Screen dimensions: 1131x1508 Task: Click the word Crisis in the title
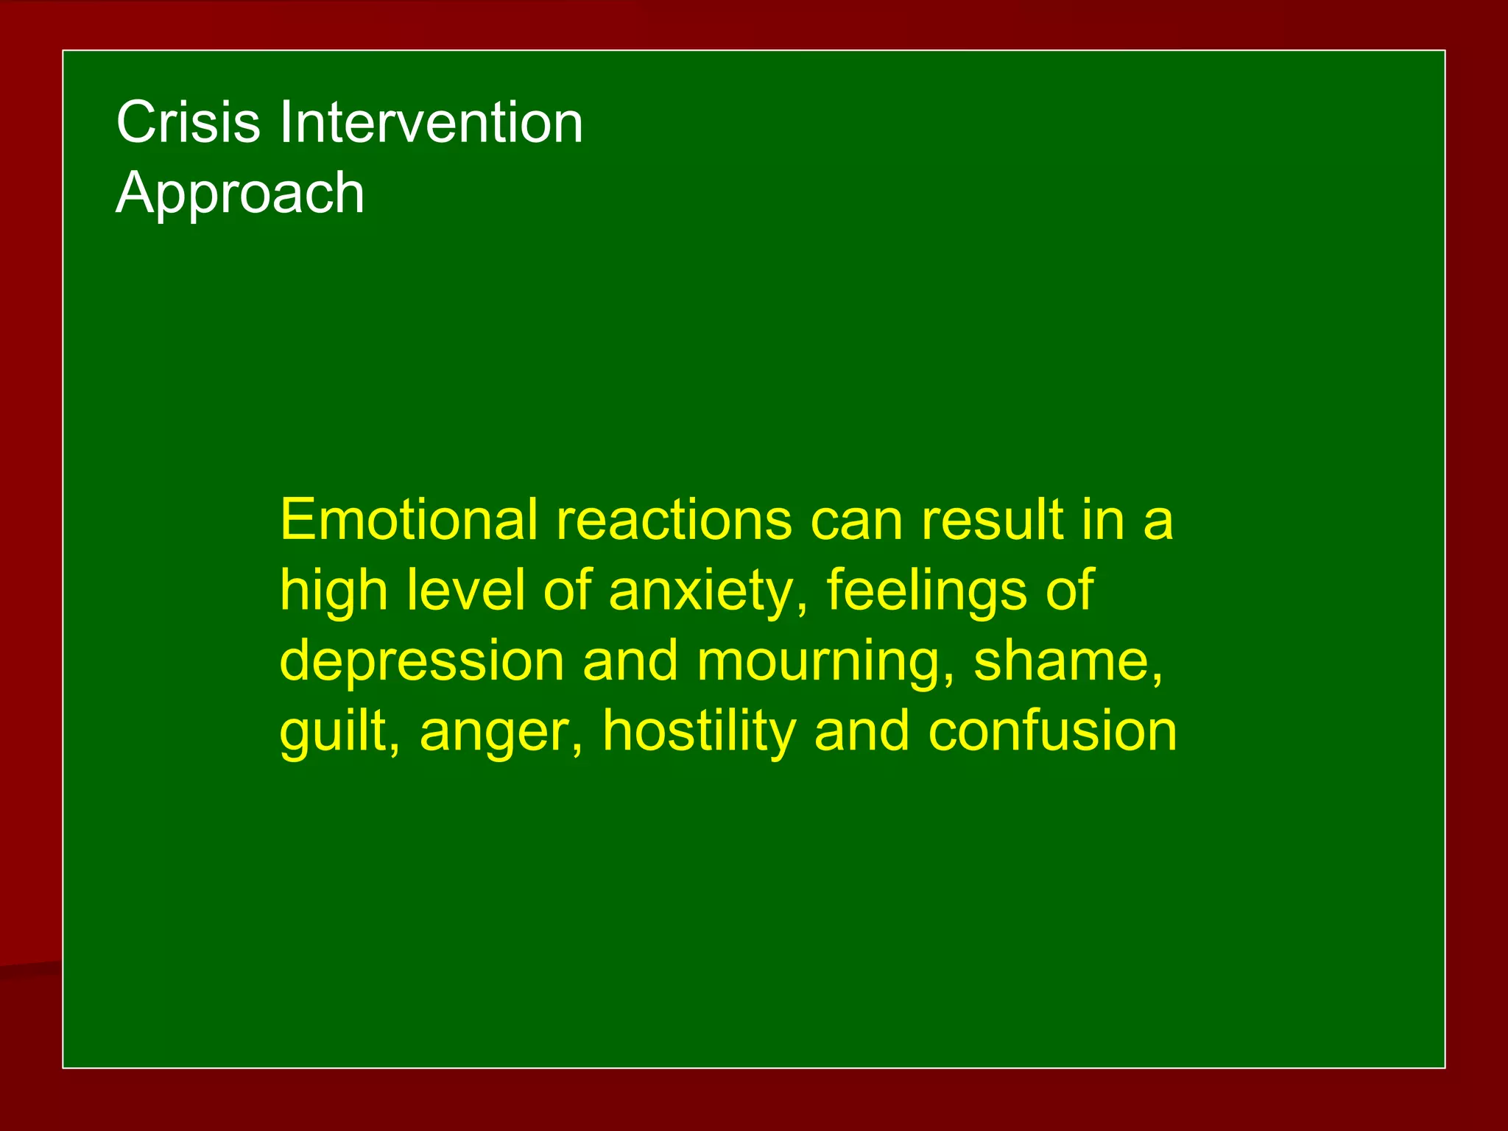[x=188, y=122]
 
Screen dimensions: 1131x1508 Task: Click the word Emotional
[x=409, y=520]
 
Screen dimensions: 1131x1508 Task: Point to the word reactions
[x=674, y=520]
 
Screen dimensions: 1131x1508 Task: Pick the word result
[x=993, y=520]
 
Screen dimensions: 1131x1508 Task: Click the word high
[x=334, y=591]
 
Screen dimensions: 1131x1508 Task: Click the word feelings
[x=926, y=591]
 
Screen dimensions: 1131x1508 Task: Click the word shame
[x=1061, y=660]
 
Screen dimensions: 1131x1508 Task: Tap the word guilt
[x=335, y=731]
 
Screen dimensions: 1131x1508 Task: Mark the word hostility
[x=700, y=731]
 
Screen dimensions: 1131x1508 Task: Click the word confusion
[x=1052, y=731]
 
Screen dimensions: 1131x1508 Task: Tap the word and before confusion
[x=862, y=731]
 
